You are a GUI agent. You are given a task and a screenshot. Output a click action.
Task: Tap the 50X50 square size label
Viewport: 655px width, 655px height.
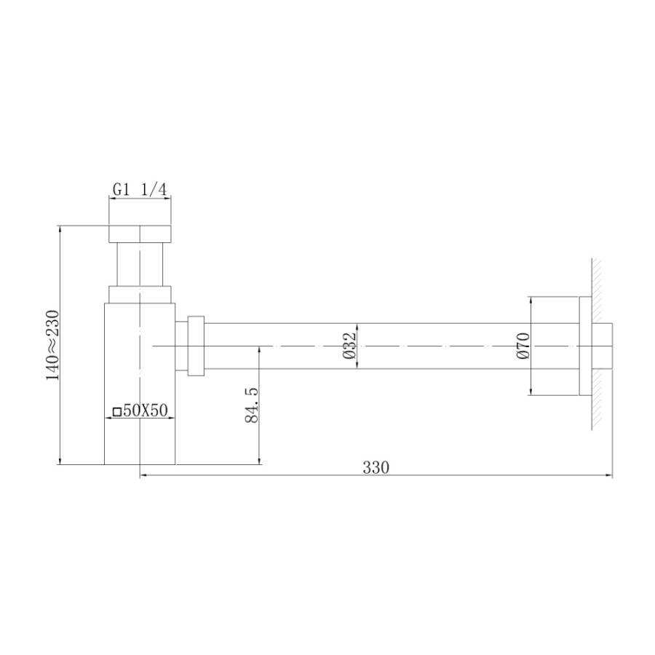coord(145,410)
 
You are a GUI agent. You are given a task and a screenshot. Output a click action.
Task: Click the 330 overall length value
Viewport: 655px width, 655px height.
coord(376,467)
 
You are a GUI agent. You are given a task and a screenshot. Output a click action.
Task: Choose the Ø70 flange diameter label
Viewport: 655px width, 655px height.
coord(522,345)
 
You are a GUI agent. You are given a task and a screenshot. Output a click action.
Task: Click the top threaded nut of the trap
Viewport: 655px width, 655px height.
coord(140,234)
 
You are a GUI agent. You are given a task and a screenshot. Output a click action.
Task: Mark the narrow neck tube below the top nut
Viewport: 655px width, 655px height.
coord(140,265)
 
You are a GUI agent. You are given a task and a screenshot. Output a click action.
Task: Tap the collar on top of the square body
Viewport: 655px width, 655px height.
coord(140,295)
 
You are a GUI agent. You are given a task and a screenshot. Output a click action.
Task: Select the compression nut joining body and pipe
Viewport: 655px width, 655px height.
coord(195,346)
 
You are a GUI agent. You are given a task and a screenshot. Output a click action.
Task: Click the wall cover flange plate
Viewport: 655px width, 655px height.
coord(584,346)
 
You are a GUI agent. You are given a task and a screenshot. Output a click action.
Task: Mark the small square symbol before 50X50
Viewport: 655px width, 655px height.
coord(117,411)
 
